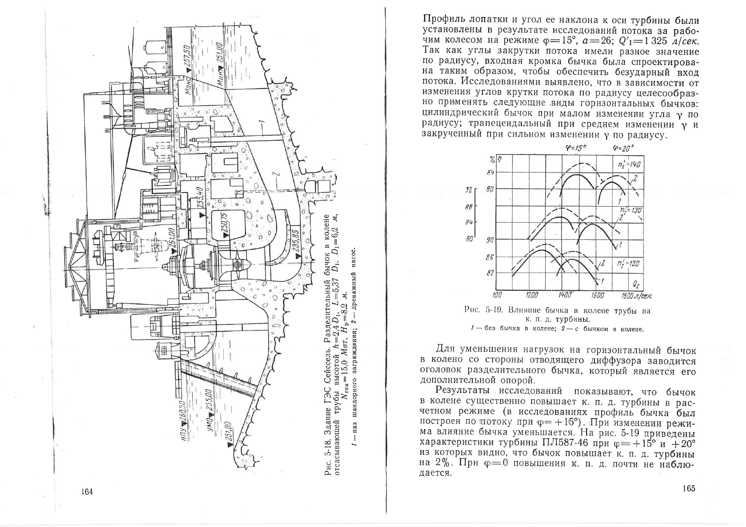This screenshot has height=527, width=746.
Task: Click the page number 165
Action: coord(689,489)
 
